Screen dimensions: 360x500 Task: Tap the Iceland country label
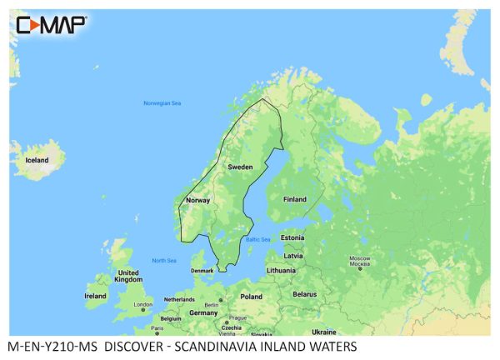tap(36, 160)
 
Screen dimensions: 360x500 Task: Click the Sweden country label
tap(240, 167)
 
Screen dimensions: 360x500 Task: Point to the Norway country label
tap(197, 200)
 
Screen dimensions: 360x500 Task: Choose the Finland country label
tap(294, 199)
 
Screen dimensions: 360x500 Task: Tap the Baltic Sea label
tap(257, 240)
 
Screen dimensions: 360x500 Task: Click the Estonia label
tap(292, 237)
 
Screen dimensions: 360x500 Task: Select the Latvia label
tap(292, 256)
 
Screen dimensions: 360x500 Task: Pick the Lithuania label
tap(281, 271)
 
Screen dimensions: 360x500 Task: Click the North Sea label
tap(164, 261)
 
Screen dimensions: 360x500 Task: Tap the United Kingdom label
tap(127, 277)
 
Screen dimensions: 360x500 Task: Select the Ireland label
tap(95, 295)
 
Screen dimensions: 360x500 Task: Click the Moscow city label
tap(359, 260)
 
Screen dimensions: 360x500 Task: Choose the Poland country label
tap(251, 296)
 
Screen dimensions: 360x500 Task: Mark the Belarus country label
tap(305, 294)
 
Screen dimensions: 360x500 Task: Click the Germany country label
tap(203, 312)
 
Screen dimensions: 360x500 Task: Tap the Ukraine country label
tap(324, 332)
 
